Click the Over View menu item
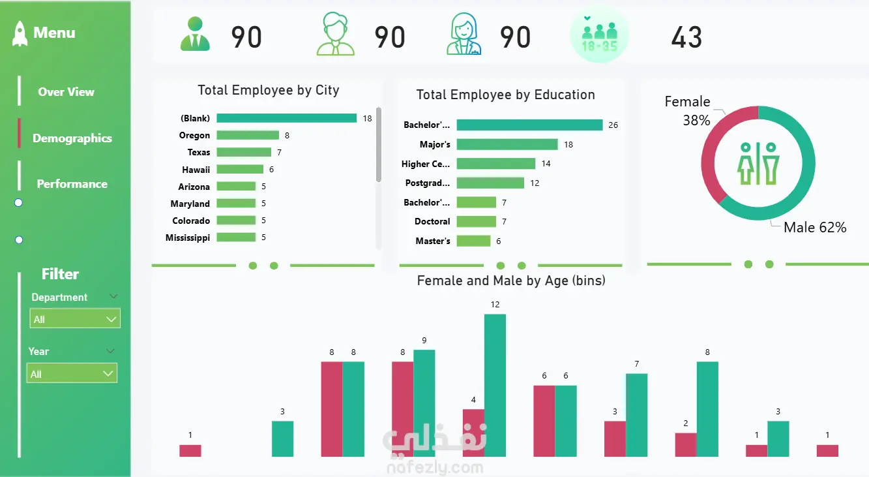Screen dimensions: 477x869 66,92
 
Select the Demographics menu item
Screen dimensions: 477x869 72,138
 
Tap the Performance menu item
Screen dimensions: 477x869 72,184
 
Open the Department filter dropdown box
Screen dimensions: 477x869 75,319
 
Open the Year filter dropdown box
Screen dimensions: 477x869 72,374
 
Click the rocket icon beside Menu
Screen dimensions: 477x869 20,33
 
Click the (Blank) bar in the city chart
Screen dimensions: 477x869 286,118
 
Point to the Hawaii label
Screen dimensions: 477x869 195,170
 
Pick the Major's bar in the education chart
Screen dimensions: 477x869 507,144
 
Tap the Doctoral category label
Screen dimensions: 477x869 432,222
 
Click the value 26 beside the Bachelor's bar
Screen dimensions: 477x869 613,125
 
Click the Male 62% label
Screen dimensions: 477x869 815,228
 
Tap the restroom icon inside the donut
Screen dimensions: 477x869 758,163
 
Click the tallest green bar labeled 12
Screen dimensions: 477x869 495,385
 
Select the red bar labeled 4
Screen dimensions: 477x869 473,433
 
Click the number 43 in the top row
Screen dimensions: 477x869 686,38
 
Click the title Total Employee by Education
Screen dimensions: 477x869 505,95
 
